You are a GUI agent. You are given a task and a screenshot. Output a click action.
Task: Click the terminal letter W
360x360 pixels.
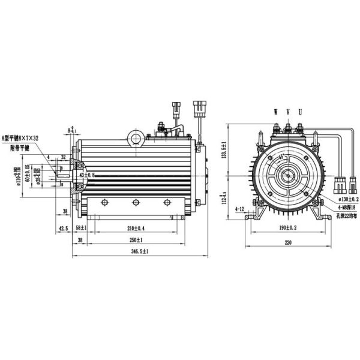point(275,112)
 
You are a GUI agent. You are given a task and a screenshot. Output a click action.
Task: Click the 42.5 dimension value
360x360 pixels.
point(64,228)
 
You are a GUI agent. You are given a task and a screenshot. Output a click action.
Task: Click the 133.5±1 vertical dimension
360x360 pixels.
point(224,149)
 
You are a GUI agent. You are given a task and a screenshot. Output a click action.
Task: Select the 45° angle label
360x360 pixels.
point(280,158)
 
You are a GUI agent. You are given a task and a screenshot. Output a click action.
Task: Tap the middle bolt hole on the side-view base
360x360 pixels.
point(136,202)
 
